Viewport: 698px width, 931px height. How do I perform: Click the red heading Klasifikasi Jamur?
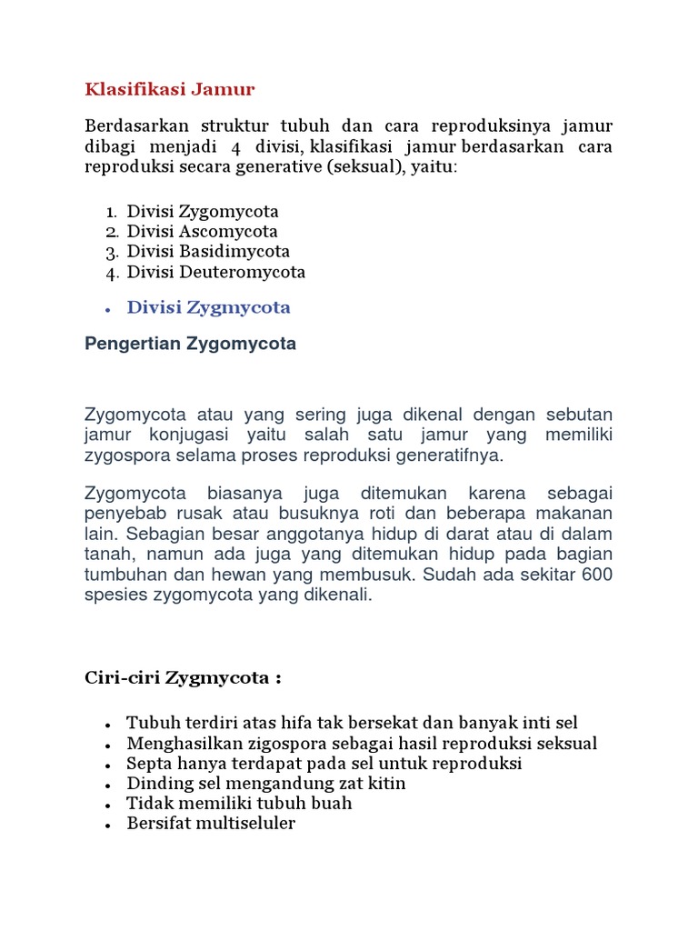[x=170, y=89]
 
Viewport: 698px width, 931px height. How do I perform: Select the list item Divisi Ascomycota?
[x=202, y=232]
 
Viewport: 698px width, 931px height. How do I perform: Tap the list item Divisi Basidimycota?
[x=208, y=252]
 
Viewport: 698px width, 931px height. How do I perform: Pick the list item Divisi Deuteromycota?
[x=215, y=272]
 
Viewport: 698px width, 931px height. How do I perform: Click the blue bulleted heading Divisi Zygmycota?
[x=208, y=307]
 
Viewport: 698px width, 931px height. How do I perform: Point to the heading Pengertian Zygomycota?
[x=190, y=345]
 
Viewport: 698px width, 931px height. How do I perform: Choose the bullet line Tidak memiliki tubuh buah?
[x=239, y=804]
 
